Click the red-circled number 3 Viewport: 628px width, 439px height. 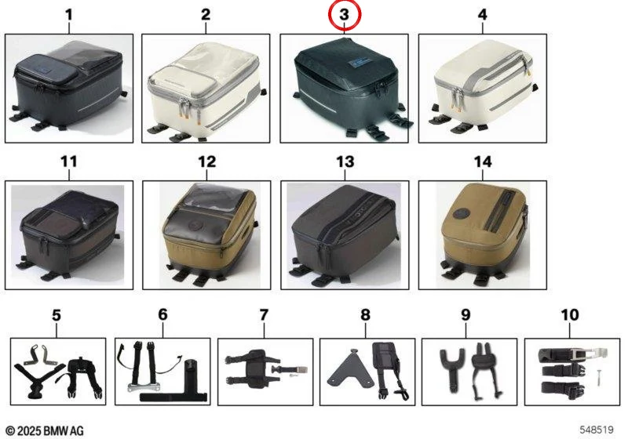pyautogui.click(x=345, y=15)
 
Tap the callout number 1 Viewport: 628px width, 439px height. pyautogui.click(x=69, y=15)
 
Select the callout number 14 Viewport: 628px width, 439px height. pyautogui.click(x=483, y=162)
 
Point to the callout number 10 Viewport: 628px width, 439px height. pyautogui.click(x=570, y=315)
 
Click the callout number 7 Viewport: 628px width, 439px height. pyautogui.click(x=264, y=315)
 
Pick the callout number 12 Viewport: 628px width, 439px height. pyautogui.click(x=206, y=162)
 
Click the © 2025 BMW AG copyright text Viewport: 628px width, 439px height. pyautogui.click(x=45, y=430)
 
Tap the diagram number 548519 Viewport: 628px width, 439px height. pyautogui.click(x=597, y=430)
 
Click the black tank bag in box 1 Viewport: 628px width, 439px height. pyautogui.click(x=69, y=86)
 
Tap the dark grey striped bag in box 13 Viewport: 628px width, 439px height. pyautogui.click(x=345, y=234)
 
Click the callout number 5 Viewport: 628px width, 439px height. pyautogui.click(x=57, y=315)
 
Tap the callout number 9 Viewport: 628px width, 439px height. pyautogui.click(x=466, y=315)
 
